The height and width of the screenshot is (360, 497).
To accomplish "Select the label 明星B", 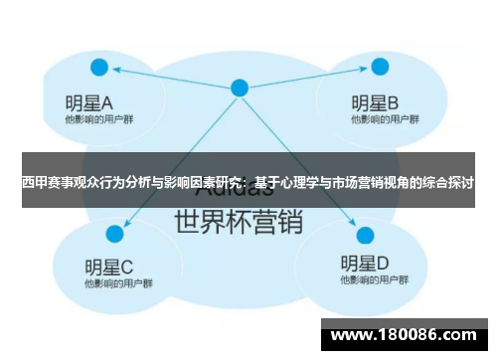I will [375, 101].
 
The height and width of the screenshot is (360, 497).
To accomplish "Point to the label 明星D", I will [365, 264].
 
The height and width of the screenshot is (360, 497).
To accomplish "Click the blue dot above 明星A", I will [98, 68].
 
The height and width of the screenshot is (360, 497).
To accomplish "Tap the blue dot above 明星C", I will [114, 234].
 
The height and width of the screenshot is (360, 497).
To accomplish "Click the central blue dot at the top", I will [239, 88].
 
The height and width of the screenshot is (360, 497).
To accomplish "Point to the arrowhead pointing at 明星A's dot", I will [115, 70].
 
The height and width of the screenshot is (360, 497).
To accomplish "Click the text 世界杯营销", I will [238, 220].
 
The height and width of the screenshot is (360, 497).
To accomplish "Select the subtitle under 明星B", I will [377, 119].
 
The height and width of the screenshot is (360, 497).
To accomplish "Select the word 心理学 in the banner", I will [295, 182].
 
